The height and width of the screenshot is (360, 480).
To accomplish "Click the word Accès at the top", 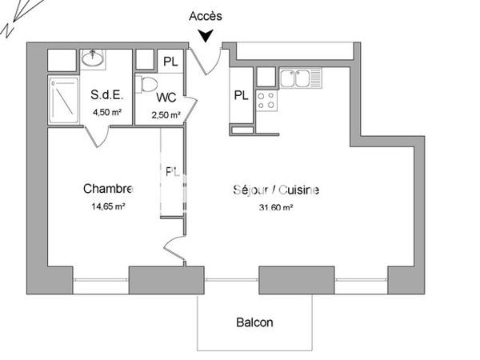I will point(206,16).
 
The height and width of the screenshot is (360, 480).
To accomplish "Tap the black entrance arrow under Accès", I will point(206,35).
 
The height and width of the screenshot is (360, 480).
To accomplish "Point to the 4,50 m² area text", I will point(106,112).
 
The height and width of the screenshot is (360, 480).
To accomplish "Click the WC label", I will point(166,98).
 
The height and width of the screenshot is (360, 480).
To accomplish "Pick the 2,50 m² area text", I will point(166,115).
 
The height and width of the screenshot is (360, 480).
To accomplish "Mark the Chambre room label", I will point(107,190).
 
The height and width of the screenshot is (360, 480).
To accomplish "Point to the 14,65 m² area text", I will point(107,206).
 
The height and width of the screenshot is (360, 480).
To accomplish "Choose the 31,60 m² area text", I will point(276,207).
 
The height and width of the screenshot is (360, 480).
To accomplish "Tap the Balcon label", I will point(254,323).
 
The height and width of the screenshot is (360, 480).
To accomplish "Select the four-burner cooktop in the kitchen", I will point(266,100).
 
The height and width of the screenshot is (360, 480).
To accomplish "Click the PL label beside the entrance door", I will point(171,61).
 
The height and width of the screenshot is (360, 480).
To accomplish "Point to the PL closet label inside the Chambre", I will point(171,171).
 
